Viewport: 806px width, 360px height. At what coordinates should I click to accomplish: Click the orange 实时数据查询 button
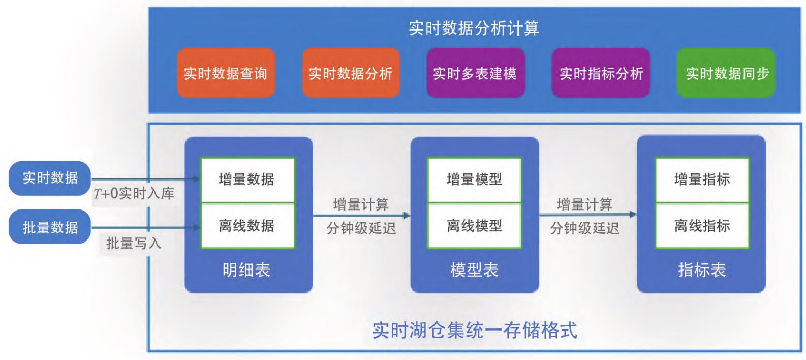tap(226, 73)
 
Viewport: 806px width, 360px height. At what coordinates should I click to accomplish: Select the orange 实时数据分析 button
tap(351, 73)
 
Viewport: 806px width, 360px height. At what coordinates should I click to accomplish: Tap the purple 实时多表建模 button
tap(476, 73)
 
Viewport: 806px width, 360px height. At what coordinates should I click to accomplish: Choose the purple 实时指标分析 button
tap(601, 73)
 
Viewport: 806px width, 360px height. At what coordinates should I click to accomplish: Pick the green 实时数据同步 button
tap(726, 73)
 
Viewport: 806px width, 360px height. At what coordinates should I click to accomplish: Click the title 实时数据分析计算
tap(474, 28)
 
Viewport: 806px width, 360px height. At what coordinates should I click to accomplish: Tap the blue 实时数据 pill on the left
tap(50, 178)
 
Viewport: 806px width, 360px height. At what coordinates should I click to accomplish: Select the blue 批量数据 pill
tap(50, 227)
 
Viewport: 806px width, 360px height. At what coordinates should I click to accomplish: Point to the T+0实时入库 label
tap(134, 194)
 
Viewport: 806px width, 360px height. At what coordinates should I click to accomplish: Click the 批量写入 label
tap(134, 244)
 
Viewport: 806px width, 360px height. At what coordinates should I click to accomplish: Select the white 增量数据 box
tap(247, 180)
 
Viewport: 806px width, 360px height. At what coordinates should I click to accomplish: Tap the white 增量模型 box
tap(474, 180)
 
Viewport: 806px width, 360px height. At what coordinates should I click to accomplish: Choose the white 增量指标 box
tap(702, 180)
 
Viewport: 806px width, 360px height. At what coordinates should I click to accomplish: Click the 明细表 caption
tap(246, 270)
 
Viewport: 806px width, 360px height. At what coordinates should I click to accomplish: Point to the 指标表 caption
tap(702, 270)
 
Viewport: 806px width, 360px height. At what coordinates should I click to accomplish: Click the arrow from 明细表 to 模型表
tap(362, 216)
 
